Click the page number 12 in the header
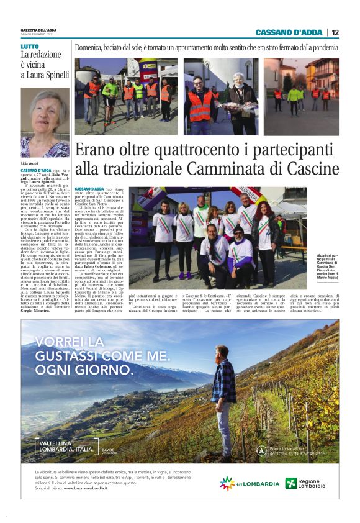tap(335, 32)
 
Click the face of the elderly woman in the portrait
tap(45, 117)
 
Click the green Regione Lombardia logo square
tap(291, 483)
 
